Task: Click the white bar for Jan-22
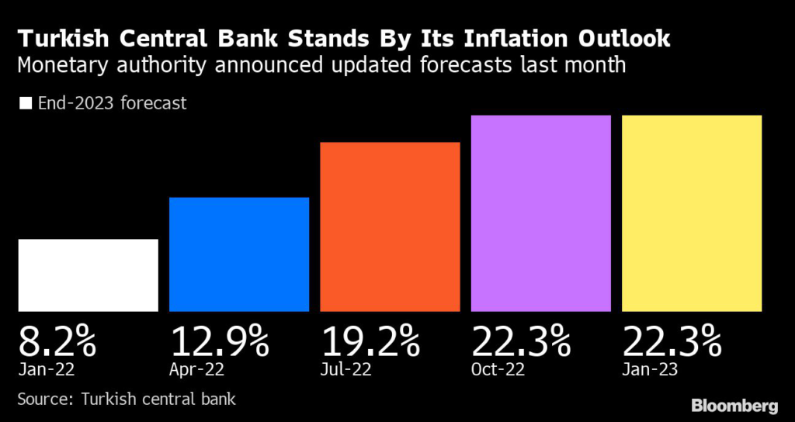(x=88, y=275)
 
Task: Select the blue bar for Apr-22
(x=239, y=254)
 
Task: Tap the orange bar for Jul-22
(x=391, y=227)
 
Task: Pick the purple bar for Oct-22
(x=541, y=213)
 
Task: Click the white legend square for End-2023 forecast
(x=26, y=103)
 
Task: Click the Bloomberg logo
(x=733, y=405)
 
